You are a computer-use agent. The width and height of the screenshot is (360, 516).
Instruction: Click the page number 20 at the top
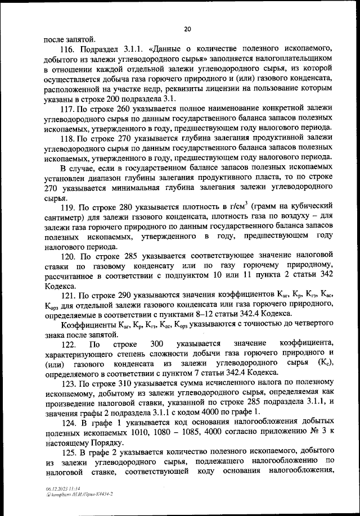[187, 29]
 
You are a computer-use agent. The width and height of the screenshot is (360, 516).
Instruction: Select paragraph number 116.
[69, 50]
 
